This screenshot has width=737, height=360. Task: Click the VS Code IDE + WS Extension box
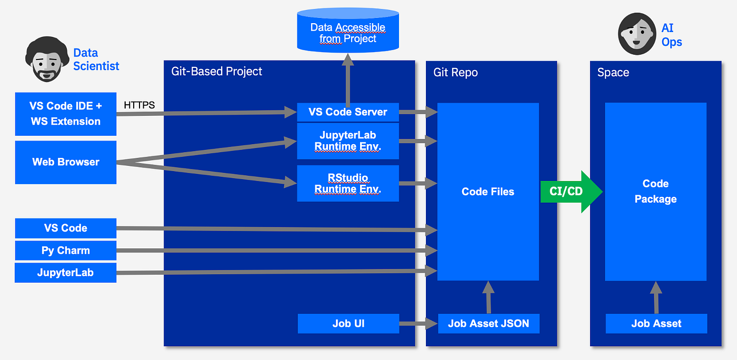66,114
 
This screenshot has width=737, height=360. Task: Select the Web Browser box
66,162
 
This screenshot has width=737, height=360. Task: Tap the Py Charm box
66,251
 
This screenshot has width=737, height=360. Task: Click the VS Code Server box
348,112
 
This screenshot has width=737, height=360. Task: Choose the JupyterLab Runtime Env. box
348,141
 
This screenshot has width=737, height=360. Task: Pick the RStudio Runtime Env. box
348,183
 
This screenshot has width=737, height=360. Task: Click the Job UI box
348,323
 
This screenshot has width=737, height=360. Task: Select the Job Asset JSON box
489,323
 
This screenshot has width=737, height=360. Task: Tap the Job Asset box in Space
656,323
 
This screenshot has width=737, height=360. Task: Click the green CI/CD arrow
569,191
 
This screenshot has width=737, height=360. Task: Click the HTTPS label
139,105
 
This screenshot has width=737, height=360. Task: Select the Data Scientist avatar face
47,63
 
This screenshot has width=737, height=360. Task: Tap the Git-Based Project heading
217,72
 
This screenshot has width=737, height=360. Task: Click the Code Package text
655,191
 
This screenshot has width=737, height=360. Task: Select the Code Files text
488,192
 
